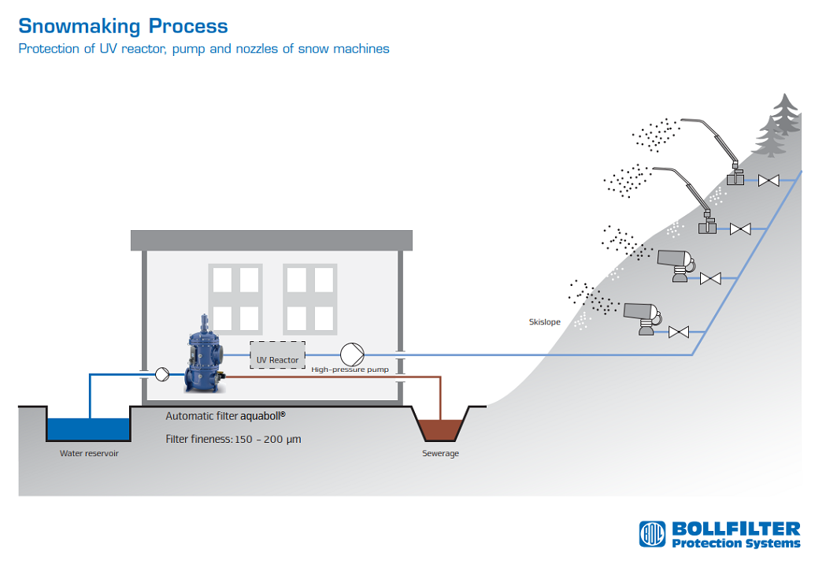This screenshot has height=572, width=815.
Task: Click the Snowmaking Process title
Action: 123,26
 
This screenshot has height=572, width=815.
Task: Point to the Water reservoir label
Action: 89,454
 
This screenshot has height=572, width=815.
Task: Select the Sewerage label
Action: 440,454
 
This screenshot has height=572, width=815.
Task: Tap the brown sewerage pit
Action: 441,429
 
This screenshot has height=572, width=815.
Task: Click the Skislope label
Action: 544,321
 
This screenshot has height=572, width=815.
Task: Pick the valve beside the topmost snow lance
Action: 769,180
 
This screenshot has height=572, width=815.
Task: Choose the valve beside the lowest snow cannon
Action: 678,332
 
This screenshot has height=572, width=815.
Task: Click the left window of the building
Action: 234,296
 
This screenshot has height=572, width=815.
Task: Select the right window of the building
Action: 309,296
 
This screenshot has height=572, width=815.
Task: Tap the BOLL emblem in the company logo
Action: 652,534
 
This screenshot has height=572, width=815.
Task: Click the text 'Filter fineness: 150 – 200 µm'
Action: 233,439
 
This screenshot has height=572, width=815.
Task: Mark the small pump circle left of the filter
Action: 162,374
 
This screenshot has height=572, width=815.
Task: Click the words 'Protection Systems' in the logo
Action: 735,543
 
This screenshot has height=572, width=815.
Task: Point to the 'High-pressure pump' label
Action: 350,370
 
